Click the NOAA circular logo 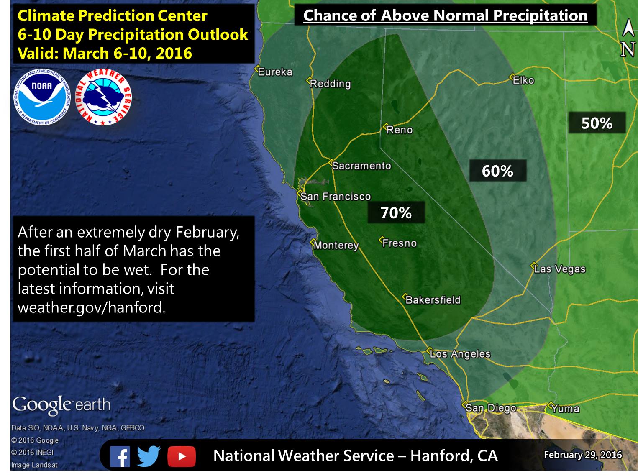click(x=42, y=97)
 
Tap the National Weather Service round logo click(x=103, y=97)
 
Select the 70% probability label click(x=396, y=212)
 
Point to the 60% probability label click(x=497, y=171)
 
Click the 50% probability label click(x=597, y=123)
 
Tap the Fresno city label click(x=400, y=243)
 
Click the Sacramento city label click(x=361, y=166)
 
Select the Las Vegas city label click(x=560, y=269)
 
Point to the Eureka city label click(x=275, y=72)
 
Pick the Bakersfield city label click(x=433, y=299)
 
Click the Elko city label click(x=523, y=80)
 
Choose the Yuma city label click(x=565, y=409)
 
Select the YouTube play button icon click(x=182, y=456)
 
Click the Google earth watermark click(x=61, y=405)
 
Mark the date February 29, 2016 click(x=583, y=455)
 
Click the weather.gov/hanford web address click(x=92, y=307)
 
